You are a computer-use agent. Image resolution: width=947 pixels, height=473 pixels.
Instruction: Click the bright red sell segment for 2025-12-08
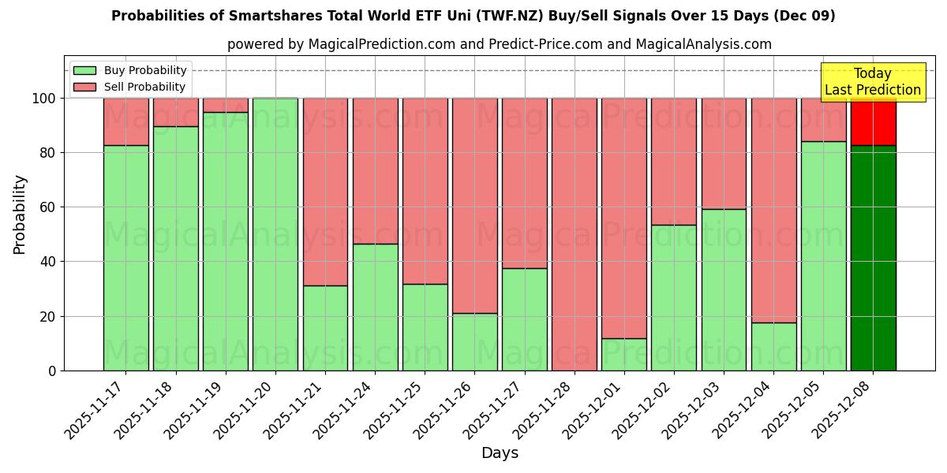[x=873, y=121]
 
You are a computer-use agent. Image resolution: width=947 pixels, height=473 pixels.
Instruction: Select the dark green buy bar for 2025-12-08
[x=873, y=258]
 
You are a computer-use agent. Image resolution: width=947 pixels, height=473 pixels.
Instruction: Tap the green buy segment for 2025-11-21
[x=325, y=328]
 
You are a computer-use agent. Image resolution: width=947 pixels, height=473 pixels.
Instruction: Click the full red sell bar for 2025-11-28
[x=575, y=234]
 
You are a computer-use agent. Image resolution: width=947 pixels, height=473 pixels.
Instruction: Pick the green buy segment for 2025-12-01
[x=624, y=354]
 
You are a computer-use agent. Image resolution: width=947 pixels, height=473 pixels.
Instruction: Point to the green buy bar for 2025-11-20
[x=275, y=234]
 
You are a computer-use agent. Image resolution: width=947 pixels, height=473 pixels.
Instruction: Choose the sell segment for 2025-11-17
[x=125, y=121]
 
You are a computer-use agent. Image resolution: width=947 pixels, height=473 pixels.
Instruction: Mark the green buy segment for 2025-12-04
[x=773, y=346]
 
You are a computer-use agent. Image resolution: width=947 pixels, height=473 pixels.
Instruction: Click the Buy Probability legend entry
[x=129, y=70]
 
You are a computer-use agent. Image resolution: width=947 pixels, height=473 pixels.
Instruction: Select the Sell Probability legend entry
[x=129, y=87]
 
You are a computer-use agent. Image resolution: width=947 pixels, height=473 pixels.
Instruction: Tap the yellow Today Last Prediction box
[x=872, y=82]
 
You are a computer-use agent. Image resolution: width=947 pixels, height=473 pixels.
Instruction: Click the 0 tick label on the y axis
[x=52, y=371]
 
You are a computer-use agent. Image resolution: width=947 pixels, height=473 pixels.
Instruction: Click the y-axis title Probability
[x=20, y=214]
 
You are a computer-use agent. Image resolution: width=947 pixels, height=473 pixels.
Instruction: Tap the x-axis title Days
[x=500, y=453]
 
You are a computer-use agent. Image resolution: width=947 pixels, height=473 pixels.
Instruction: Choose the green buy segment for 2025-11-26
[x=474, y=341]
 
